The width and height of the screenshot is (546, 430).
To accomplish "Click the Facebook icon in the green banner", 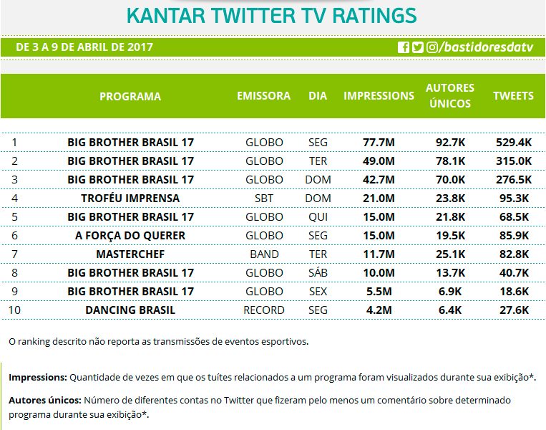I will pyautogui.click(x=404, y=47).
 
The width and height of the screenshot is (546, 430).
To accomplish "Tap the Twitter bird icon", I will pyautogui.click(x=418, y=47).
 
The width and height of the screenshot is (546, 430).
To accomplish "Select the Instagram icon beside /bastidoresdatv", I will pyautogui.click(x=432, y=47).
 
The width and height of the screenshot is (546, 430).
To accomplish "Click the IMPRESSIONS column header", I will pyautogui.click(x=379, y=96).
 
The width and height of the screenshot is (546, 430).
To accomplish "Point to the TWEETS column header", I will pyautogui.click(x=513, y=96).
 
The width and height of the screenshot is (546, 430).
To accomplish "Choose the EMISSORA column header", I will pyautogui.click(x=264, y=96).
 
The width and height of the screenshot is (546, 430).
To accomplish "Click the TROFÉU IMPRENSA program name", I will pyautogui.click(x=130, y=198).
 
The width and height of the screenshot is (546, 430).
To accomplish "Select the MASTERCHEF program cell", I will pyautogui.click(x=130, y=254).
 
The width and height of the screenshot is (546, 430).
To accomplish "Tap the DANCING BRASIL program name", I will pyautogui.click(x=130, y=310).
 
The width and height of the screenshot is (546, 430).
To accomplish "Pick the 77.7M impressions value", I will pyautogui.click(x=379, y=142).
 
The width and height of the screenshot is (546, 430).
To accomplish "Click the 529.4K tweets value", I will pyautogui.click(x=513, y=142).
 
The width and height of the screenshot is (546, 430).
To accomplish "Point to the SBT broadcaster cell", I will pyautogui.click(x=264, y=198).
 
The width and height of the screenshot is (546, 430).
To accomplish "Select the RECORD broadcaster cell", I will pyautogui.click(x=264, y=310).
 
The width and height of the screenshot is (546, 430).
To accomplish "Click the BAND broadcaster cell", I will pyautogui.click(x=264, y=254).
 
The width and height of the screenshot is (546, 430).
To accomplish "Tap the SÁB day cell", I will pyautogui.click(x=318, y=272).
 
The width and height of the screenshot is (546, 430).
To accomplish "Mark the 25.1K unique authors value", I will pyautogui.click(x=450, y=254).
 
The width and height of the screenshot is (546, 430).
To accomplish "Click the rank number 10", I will pyautogui.click(x=14, y=310).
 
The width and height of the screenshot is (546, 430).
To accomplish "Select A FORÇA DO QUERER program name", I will pyautogui.click(x=130, y=235).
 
